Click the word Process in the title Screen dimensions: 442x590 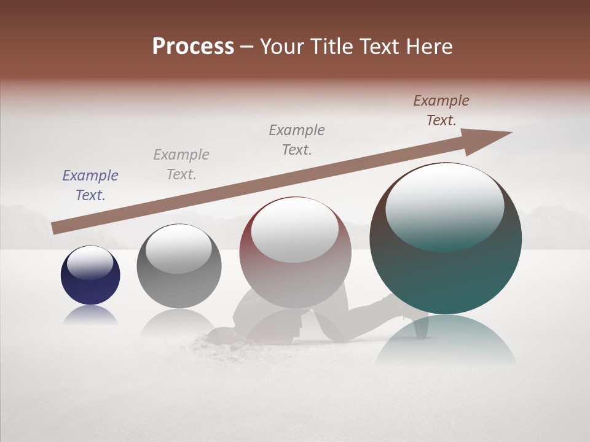click(193, 47)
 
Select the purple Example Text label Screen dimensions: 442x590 click(90, 185)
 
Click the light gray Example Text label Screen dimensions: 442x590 click(181, 165)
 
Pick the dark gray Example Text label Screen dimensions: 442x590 click(297, 140)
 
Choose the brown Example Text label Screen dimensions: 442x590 click(441, 110)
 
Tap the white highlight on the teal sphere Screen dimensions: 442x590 click(444, 206)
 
